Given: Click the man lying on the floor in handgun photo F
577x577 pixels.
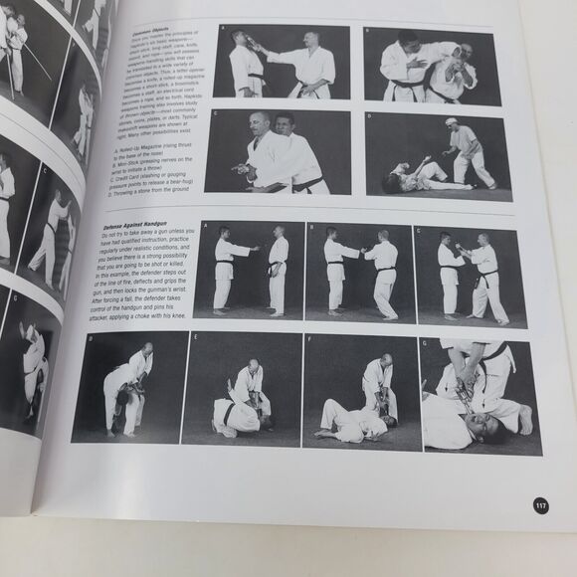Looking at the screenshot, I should tap(353, 422).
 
